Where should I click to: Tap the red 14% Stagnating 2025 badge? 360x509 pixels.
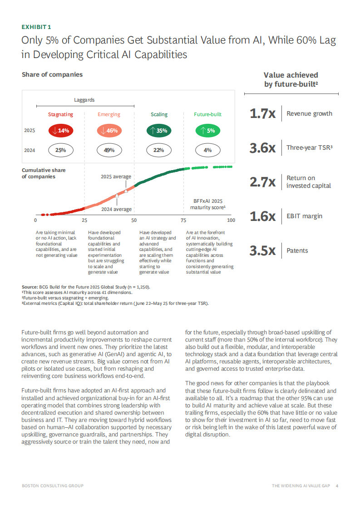(60, 131)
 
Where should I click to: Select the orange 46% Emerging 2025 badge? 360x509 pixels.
(109, 131)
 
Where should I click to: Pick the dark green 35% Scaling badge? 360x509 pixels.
(159, 131)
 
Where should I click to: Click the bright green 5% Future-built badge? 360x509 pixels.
(207, 131)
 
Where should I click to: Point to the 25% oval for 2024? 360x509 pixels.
(60, 150)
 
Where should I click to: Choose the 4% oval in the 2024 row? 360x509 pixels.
(207, 150)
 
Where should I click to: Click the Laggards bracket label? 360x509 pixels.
(84, 100)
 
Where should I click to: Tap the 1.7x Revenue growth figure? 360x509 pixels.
(263, 113)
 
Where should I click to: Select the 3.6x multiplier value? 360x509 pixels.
(263, 148)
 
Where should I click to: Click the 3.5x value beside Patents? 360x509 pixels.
(263, 250)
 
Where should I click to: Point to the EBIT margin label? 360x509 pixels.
(304, 216)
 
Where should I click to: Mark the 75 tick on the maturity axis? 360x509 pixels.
(183, 220)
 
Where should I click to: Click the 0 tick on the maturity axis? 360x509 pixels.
(35, 220)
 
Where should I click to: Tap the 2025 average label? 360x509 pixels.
(116, 177)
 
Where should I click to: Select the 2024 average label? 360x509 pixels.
(116, 209)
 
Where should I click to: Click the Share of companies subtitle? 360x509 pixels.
(52, 74)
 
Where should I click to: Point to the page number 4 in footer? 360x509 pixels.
(337, 486)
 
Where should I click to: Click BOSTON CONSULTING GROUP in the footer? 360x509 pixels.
(53, 486)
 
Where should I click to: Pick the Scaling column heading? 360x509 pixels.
(159, 115)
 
